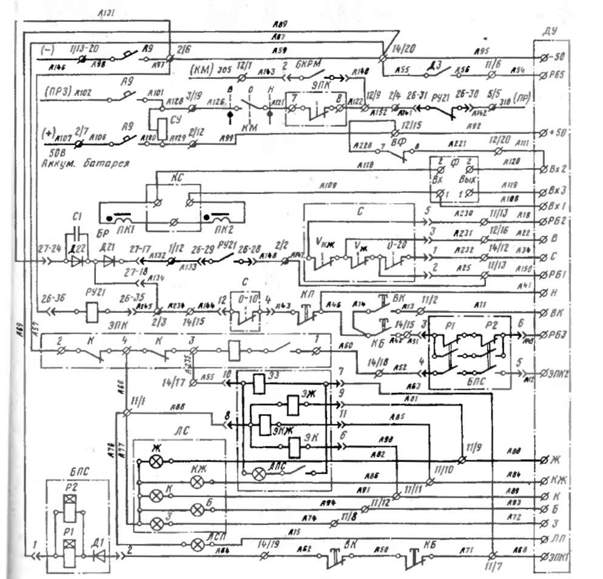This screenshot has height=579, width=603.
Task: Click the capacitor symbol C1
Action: pyautogui.click(x=76, y=234)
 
